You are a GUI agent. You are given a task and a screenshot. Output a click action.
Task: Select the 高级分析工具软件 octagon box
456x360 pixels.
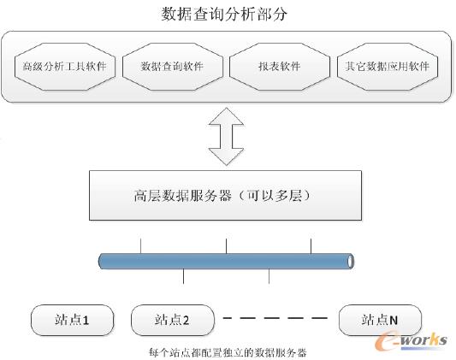(x=66, y=66)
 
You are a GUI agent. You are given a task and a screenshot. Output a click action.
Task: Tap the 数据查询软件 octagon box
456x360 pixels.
(x=173, y=66)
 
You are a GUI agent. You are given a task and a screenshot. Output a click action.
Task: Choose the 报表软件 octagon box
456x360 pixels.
(x=280, y=66)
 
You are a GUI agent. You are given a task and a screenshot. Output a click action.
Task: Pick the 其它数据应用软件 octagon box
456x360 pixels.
(x=388, y=66)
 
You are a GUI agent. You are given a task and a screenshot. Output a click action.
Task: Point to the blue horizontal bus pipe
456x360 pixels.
(x=226, y=261)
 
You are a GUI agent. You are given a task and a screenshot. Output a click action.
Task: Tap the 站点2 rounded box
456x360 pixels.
(x=172, y=320)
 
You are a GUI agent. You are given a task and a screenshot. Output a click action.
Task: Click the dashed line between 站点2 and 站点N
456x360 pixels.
(x=275, y=318)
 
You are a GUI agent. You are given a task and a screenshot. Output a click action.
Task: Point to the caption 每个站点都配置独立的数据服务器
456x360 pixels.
(x=227, y=351)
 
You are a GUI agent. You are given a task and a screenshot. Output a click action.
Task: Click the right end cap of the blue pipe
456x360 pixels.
(x=350, y=261)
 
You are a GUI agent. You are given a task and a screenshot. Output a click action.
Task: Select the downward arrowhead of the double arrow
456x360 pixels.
(x=226, y=157)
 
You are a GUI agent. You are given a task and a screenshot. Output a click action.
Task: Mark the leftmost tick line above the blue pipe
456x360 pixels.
(x=140, y=246)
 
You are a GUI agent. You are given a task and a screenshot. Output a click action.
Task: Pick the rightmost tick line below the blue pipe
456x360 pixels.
(x=269, y=275)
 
